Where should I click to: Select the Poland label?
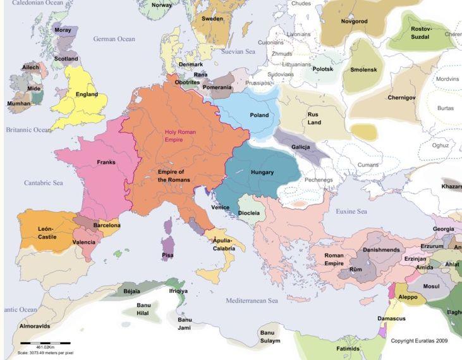pos(259,115)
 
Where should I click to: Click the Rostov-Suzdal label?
pos(421,32)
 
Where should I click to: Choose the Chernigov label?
pos(402,97)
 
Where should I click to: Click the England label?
pos(87,95)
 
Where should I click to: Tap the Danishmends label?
pos(381,250)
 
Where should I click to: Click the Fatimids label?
pos(348,349)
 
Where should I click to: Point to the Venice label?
pos(221,207)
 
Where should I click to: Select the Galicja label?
pos(300,147)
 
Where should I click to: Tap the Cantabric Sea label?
pos(44,183)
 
